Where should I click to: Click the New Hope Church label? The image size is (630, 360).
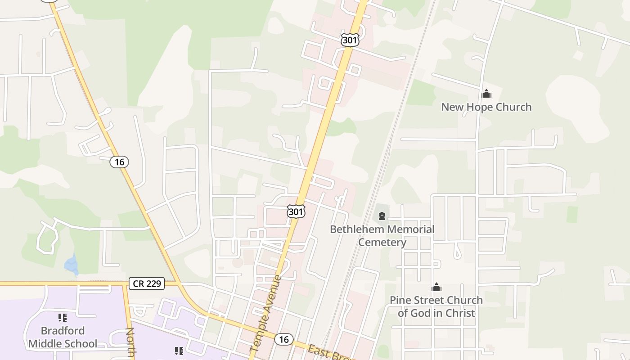tap(486, 107)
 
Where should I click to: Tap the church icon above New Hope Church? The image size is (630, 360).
tap(486, 94)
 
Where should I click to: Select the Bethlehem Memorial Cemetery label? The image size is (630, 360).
tap(382, 235)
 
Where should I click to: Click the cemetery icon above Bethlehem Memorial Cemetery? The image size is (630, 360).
tap(382, 216)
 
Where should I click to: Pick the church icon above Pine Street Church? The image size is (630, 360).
tap(436, 287)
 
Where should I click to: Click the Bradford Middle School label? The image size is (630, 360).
tap(63, 337)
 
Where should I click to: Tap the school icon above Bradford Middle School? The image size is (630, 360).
tap(63, 318)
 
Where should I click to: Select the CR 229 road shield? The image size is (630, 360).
tap(147, 283)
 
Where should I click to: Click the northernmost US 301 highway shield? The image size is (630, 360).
tap(350, 40)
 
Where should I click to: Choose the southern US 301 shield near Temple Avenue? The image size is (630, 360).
tap(296, 211)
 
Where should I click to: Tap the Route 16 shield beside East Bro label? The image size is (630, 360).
tap(283, 339)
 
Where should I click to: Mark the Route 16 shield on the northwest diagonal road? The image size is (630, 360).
tap(119, 162)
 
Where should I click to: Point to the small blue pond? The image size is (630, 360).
tap(71, 264)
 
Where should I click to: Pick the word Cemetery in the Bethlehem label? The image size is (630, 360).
tap(382, 242)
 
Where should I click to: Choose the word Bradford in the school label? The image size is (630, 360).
tap(63, 331)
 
